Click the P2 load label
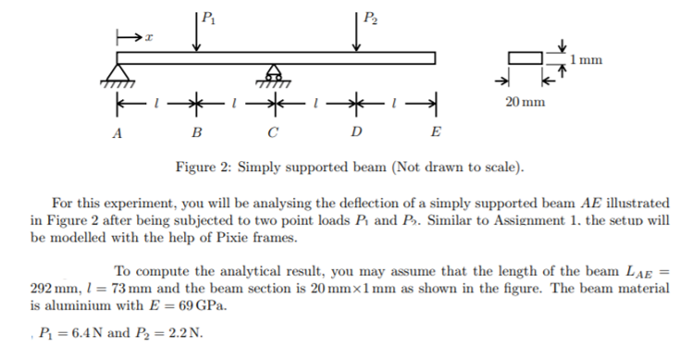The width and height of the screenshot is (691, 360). point(370,12)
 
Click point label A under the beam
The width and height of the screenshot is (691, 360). point(117,133)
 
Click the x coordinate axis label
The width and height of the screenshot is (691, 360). point(148,41)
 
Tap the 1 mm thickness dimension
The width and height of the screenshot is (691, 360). point(586,60)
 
